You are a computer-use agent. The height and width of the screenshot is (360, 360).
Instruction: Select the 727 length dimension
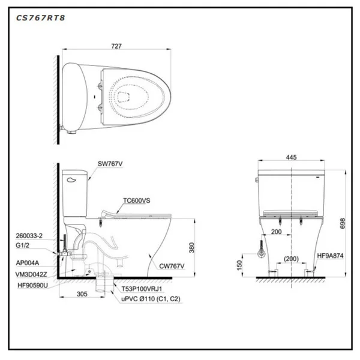117,44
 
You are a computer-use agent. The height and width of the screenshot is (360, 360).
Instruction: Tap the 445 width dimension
291,158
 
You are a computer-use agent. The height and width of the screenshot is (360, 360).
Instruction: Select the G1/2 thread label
24,245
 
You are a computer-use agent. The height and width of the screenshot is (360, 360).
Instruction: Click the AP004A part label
28,262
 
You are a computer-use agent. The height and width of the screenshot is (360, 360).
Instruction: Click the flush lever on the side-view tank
73,178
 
